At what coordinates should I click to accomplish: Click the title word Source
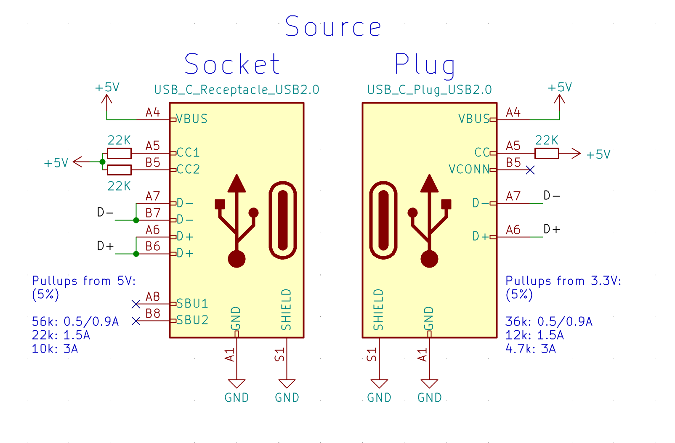[x=333, y=27]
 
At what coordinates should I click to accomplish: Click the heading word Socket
[x=232, y=64]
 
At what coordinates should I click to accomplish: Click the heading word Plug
[x=425, y=65]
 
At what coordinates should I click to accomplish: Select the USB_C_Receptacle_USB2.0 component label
[x=237, y=90]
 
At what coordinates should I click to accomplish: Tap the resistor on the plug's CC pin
[x=547, y=154]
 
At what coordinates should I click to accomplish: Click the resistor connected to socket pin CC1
[x=119, y=153]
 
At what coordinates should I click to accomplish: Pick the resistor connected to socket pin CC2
[x=119, y=170]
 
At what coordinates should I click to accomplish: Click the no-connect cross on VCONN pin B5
[x=530, y=170]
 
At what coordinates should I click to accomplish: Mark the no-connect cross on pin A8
[x=136, y=304]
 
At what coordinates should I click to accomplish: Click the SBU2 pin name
[x=192, y=321]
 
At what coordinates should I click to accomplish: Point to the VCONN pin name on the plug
[x=469, y=170]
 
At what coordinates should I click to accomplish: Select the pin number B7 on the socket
[x=153, y=213]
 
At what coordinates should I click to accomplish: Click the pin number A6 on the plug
[x=513, y=230]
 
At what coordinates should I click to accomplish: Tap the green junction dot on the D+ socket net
[x=136, y=254]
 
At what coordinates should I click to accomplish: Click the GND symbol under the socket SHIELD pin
[x=287, y=384]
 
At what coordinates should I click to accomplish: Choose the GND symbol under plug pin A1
[x=429, y=384]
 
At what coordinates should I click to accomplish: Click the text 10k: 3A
[x=55, y=349]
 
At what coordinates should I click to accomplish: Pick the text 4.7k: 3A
[x=530, y=349]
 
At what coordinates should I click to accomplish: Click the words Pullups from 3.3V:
[x=563, y=281]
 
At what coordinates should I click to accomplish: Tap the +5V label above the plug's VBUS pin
[x=559, y=88]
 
